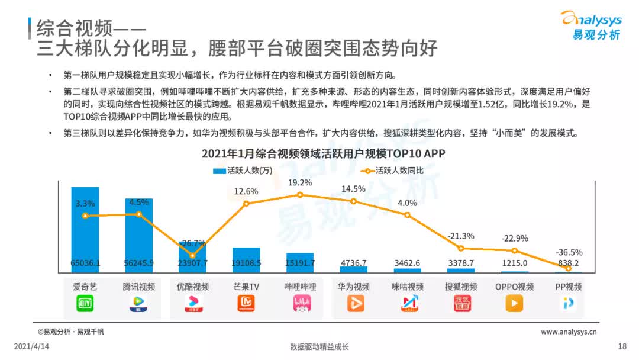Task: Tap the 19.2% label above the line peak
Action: [x=300, y=182]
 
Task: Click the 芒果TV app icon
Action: [x=246, y=303]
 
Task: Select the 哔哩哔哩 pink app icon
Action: [x=300, y=303]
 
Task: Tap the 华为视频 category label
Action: [x=354, y=287]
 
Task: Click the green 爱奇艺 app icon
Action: [x=85, y=303]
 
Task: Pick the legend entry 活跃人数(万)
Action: [x=243, y=171]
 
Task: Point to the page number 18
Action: [x=621, y=346]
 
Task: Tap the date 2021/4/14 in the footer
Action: [x=31, y=346]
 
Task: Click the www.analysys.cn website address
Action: [x=569, y=332]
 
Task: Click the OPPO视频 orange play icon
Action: [x=514, y=303]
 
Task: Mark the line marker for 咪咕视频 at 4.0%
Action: [x=408, y=214]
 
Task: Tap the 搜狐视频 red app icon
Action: [x=461, y=303]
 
